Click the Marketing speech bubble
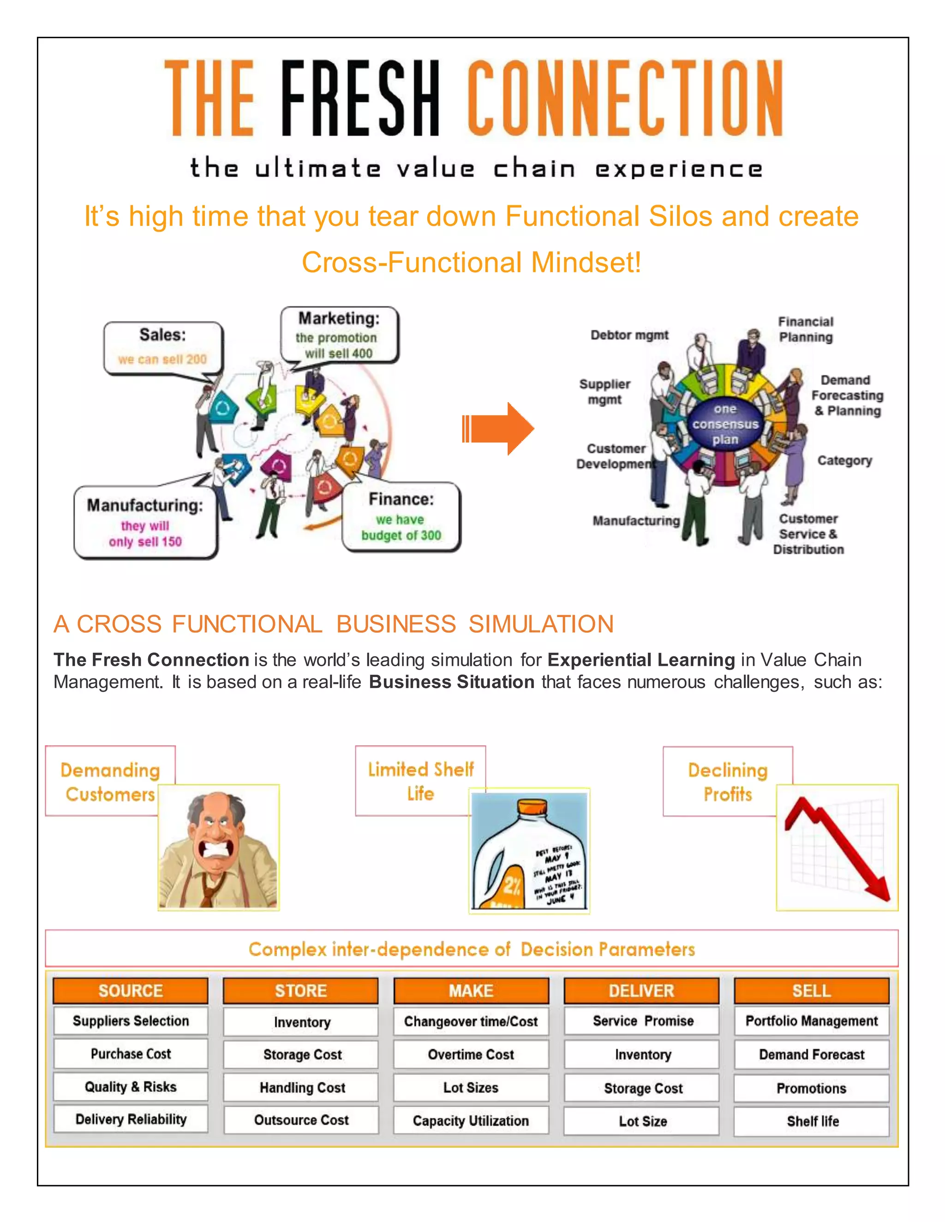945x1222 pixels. point(339,335)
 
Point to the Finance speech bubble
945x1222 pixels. point(401,516)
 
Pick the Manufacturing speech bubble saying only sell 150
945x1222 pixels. point(145,522)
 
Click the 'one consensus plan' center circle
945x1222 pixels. point(725,424)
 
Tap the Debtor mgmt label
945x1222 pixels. point(629,335)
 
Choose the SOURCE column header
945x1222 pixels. point(131,991)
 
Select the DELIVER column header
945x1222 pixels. point(641,991)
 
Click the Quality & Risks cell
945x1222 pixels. point(131,1086)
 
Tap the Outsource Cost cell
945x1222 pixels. point(301,1120)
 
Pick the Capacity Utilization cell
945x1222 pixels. point(471,1121)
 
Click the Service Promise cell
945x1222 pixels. point(643,1021)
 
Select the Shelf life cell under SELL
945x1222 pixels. point(812,1121)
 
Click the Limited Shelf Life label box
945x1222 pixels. point(420,781)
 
